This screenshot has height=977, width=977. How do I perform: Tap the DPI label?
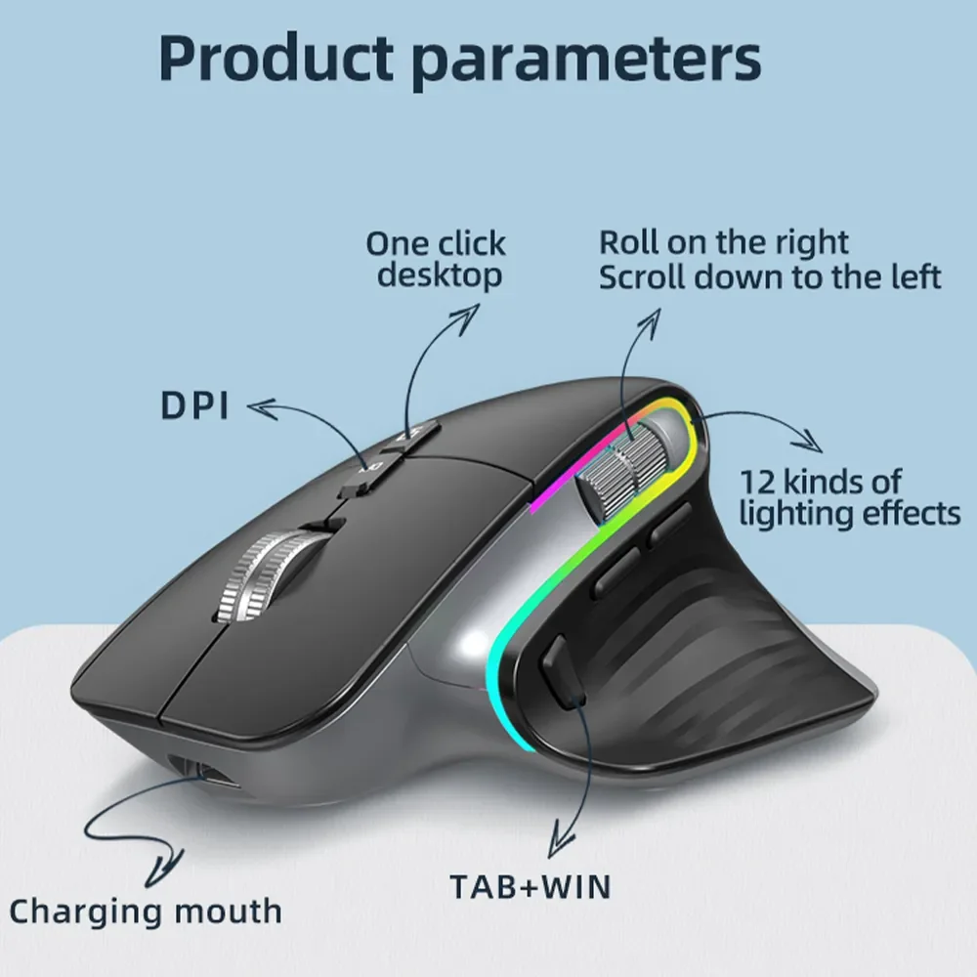click(195, 404)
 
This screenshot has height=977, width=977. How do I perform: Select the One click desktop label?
click(436, 259)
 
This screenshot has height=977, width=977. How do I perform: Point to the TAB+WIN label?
click(530, 887)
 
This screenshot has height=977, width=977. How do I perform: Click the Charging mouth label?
click(146, 912)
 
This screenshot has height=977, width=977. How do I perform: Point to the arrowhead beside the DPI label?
click(256, 404)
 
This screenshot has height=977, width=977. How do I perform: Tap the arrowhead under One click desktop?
click(469, 311)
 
